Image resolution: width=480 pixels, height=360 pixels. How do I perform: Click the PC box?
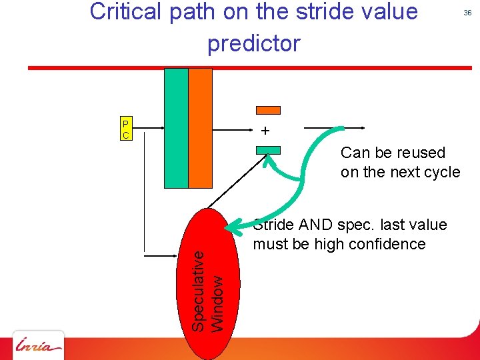click(126, 129)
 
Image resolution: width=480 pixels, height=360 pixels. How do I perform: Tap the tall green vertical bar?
click(176, 128)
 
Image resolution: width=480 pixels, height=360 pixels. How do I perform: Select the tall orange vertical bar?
click(200, 128)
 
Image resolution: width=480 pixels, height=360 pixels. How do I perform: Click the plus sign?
click(266, 131)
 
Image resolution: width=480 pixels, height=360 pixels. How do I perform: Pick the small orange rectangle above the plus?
click(269, 110)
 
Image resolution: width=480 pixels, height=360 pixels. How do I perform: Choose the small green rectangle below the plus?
click(269, 150)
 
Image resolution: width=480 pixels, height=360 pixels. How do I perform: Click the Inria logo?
click(39, 345)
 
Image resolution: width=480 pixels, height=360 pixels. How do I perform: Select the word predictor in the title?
click(254, 43)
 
